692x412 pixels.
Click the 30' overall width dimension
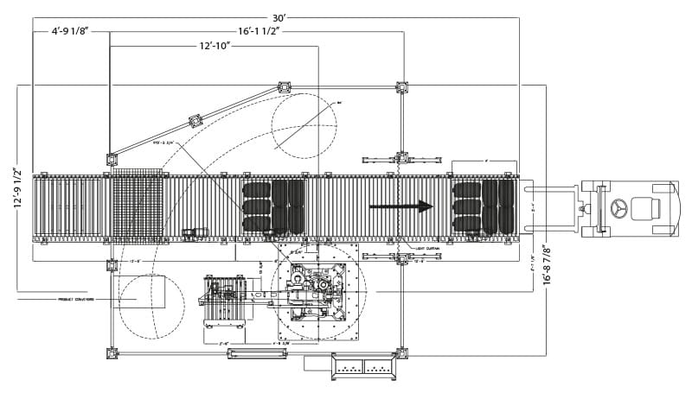click(x=279, y=17)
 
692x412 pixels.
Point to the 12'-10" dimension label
click(x=215, y=46)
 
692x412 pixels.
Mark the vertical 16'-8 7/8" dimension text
click(x=546, y=265)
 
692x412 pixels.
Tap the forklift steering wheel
click(x=619, y=208)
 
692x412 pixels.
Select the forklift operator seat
click(x=645, y=208)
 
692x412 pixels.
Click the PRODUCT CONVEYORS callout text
click(x=76, y=300)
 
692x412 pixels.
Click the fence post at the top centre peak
click(x=284, y=86)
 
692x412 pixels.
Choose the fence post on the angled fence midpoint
click(x=196, y=121)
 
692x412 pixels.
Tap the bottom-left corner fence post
click(x=112, y=352)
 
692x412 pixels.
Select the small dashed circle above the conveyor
click(x=304, y=126)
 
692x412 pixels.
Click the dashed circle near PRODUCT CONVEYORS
click(x=151, y=307)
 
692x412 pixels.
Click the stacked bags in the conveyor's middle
click(x=273, y=206)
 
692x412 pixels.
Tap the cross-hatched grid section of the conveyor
click(x=138, y=207)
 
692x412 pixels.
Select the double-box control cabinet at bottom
click(x=363, y=367)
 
